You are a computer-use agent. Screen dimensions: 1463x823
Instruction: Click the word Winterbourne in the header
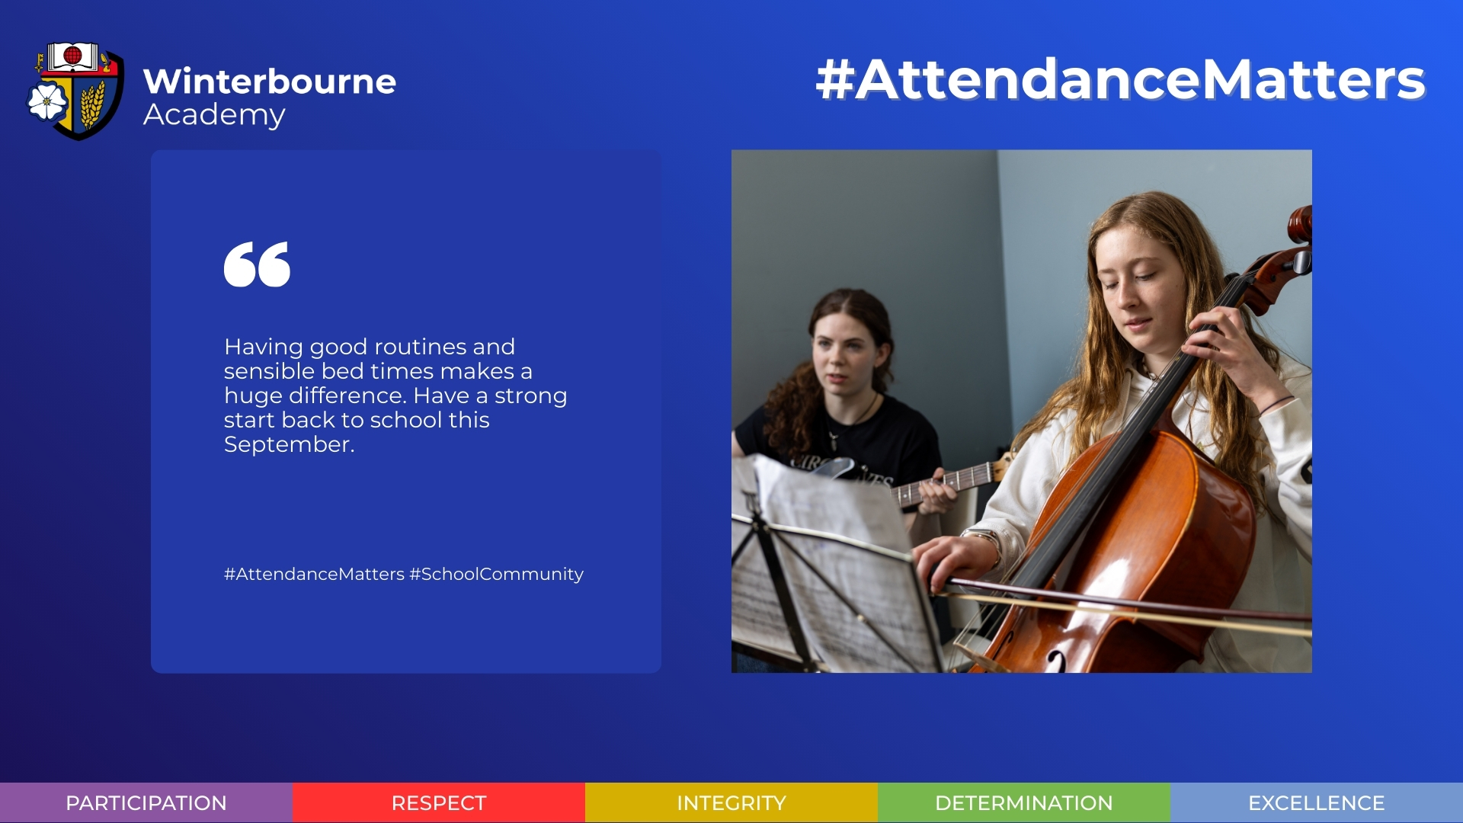[270, 82]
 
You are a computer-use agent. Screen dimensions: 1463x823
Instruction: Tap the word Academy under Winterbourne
[214, 115]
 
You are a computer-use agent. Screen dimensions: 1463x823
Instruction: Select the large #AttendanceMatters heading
[1120, 79]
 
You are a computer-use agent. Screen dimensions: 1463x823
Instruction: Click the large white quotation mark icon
[257, 264]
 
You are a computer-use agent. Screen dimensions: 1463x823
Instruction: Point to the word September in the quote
[290, 444]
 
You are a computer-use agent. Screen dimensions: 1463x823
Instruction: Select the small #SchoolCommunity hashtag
[496, 574]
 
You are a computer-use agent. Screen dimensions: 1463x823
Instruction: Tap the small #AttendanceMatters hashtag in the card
[314, 574]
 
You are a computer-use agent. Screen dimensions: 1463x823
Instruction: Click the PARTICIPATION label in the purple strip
[146, 803]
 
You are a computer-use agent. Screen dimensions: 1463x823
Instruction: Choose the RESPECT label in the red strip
[439, 803]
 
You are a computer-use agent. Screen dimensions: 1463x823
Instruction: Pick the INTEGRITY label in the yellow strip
[731, 803]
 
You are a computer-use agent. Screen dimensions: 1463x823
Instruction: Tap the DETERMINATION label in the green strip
[1024, 803]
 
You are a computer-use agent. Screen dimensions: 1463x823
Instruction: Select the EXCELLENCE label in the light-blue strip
[1317, 803]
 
